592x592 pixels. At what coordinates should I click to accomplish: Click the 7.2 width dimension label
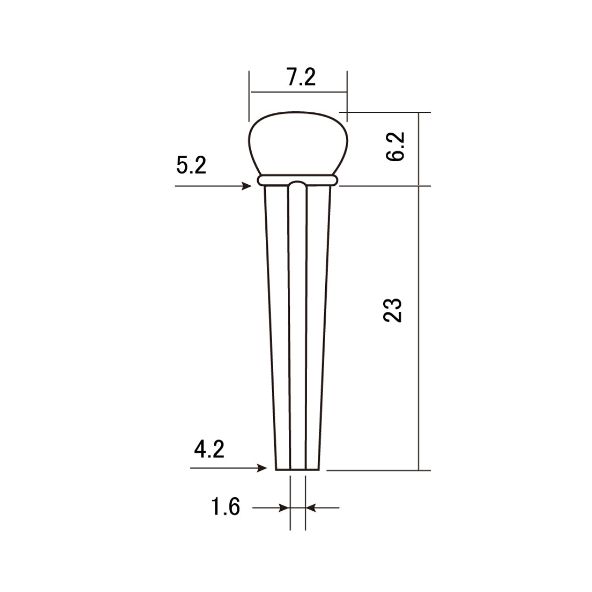click(301, 78)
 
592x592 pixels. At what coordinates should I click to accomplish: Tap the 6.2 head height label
click(395, 146)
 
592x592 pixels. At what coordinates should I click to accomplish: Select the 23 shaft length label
click(393, 310)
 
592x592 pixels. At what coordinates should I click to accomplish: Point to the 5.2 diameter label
click(191, 166)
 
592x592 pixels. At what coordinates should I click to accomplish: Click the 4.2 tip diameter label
click(209, 450)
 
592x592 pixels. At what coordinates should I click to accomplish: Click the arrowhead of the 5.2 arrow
click(249, 187)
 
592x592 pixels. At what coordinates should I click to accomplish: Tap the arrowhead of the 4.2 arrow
click(263, 468)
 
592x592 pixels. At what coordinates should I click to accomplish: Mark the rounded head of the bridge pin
click(299, 143)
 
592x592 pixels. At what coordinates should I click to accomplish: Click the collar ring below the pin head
click(299, 180)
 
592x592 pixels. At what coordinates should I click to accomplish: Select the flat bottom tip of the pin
click(298, 470)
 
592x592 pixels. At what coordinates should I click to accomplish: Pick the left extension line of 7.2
click(250, 97)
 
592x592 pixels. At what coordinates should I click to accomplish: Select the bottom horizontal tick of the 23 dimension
click(378, 470)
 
